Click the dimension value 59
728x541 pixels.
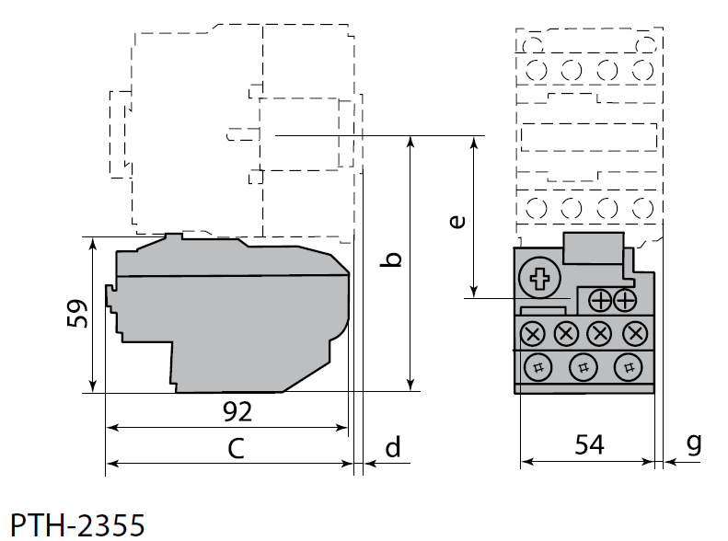[79, 315]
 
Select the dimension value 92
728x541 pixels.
[237, 411]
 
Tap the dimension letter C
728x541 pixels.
[236, 449]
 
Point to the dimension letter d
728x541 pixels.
[393, 448]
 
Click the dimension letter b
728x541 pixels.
[392, 259]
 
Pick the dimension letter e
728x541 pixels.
[456, 222]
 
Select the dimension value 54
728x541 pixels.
[589, 445]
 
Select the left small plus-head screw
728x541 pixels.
[600, 300]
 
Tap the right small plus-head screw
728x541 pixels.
[625, 300]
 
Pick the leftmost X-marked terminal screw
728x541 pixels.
[535, 332]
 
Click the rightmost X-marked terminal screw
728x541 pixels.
[633, 332]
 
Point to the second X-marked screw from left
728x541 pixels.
[567, 332]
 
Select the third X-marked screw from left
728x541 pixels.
[600, 332]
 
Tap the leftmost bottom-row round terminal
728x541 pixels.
[536, 368]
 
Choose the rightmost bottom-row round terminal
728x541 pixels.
[629, 368]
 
